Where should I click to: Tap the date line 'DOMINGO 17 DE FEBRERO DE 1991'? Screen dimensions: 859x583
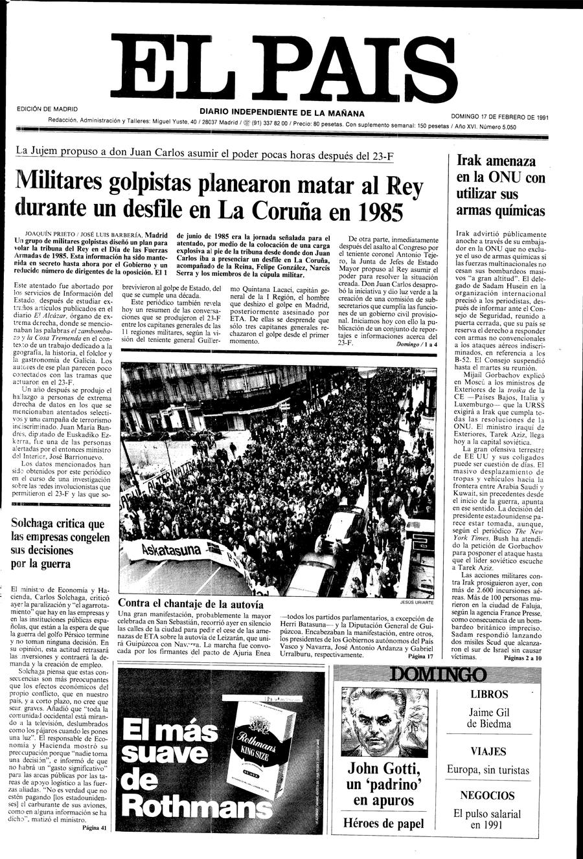point(499,117)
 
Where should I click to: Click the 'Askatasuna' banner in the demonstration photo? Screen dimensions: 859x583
point(156,551)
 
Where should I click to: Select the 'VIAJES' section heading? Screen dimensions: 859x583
point(489,752)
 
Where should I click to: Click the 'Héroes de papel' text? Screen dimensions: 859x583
point(383,823)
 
